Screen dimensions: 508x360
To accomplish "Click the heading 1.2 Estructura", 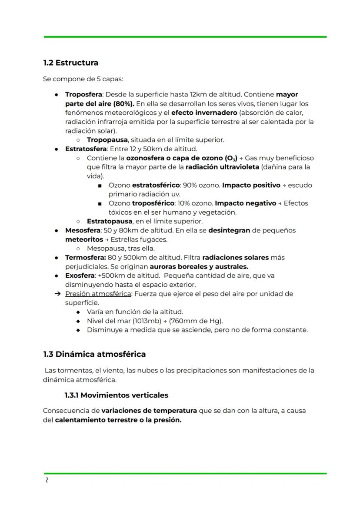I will [x=70, y=63].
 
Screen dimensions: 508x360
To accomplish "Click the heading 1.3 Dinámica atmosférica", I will [x=94, y=354].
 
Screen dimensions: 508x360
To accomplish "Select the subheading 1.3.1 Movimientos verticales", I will [x=116, y=395].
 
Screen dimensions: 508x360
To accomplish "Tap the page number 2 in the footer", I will [x=47, y=480].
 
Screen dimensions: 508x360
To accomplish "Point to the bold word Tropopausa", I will [x=107, y=140].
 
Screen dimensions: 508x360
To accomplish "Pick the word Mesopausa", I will [x=106, y=249].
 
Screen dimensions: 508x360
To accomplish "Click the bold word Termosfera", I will [x=85, y=257].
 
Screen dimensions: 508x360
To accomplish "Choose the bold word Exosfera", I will [x=80, y=276].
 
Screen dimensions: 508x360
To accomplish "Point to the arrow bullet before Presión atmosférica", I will [x=57, y=294].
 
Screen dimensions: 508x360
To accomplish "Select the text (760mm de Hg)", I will [x=196, y=321].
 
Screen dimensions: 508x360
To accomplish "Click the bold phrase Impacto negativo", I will [x=246, y=203].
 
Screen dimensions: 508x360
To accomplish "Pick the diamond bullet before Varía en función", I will [x=78, y=312].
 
